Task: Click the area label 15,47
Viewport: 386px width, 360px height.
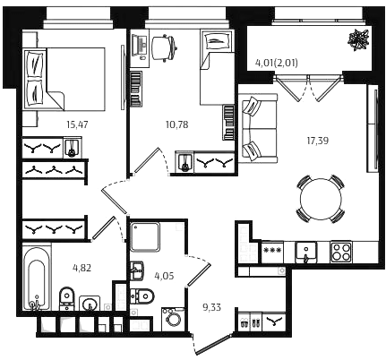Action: point(78,124)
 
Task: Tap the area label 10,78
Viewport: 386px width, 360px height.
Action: point(177,124)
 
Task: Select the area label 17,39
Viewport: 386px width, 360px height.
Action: point(318,141)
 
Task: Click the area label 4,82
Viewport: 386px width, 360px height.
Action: point(81,268)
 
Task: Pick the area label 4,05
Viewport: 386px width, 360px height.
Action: point(164,276)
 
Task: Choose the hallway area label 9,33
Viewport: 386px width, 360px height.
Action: point(212,307)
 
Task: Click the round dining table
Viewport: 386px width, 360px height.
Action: point(321,199)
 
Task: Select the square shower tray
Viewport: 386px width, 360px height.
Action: point(145,236)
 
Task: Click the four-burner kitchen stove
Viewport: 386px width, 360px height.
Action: point(341,253)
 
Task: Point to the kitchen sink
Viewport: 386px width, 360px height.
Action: point(306,253)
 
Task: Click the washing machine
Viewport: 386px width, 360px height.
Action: point(173,319)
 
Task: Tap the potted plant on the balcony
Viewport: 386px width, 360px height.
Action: point(359,40)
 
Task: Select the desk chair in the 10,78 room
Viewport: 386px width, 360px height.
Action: point(164,48)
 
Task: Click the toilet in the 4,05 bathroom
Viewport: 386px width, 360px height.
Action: point(142,296)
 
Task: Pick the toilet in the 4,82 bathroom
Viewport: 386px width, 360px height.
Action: point(67,298)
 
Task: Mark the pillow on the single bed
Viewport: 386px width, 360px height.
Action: point(217,41)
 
